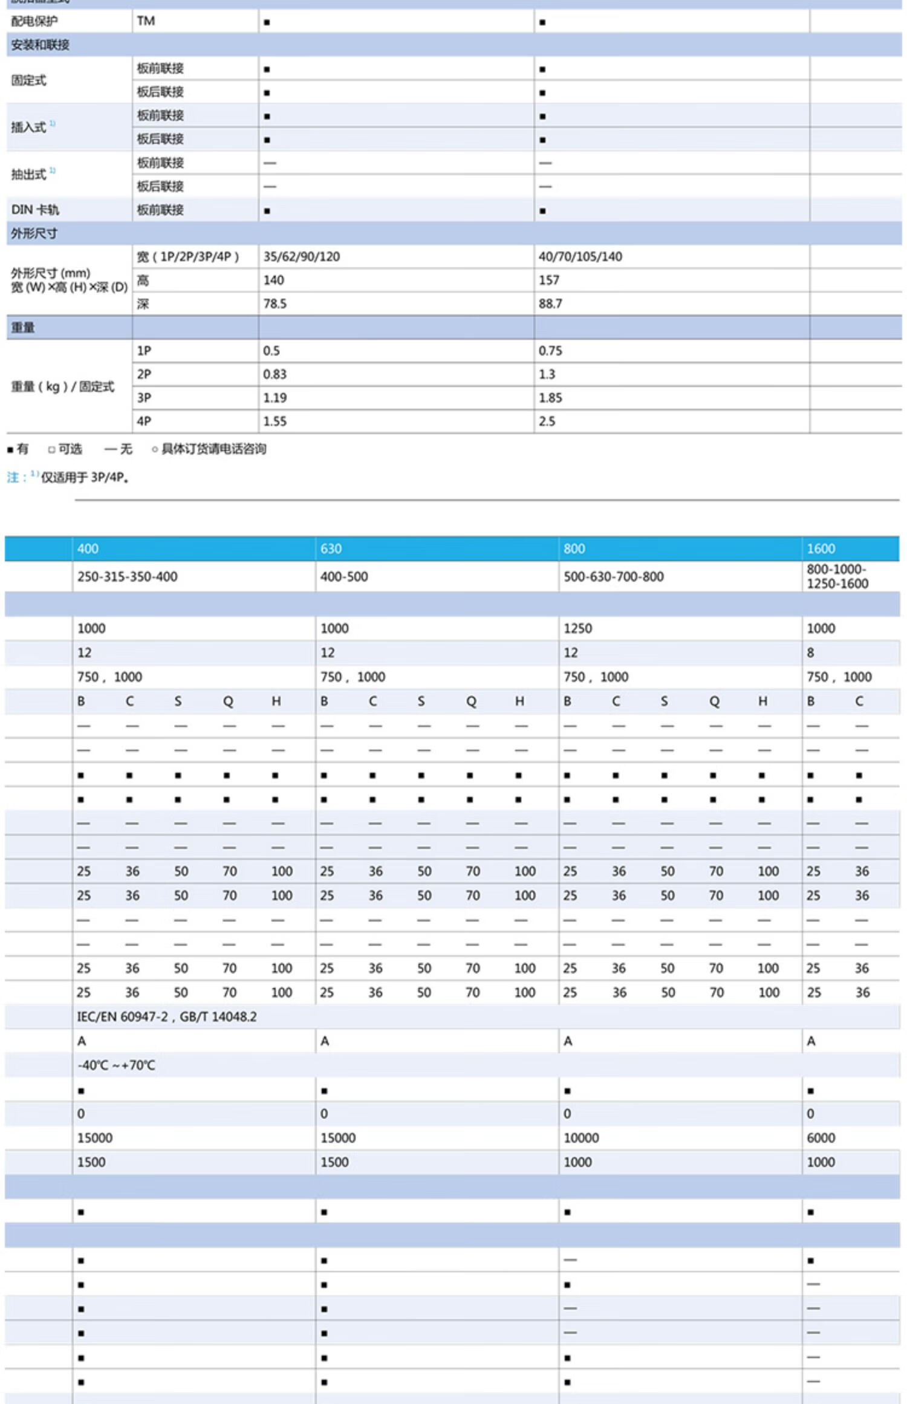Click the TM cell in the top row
pyautogui.click(x=146, y=21)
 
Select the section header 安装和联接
pyautogui.click(x=40, y=45)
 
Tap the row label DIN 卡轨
pyautogui.click(x=35, y=210)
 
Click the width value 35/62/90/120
pyautogui.click(x=301, y=256)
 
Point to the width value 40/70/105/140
pyautogui.click(x=580, y=256)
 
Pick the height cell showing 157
pyautogui.click(x=549, y=280)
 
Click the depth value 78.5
pyautogui.click(x=275, y=304)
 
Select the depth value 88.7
pyautogui.click(x=550, y=304)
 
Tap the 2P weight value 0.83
pyautogui.click(x=275, y=374)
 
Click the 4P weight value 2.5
pyautogui.click(x=547, y=421)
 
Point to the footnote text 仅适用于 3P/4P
pyautogui.click(x=85, y=477)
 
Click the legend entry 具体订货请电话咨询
pyautogui.click(x=213, y=449)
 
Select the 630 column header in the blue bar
pyautogui.click(x=331, y=548)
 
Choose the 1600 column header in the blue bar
pyautogui.click(x=821, y=548)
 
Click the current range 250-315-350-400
pyautogui.click(x=127, y=576)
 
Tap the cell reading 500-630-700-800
pyautogui.click(x=613, y=576)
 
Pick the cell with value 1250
pyautogui.click(x=577, y=628)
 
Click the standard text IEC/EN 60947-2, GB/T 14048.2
pyautogui.click(x=166, y=1016)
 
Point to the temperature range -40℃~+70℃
pyautogui.click(x=116, y=1065)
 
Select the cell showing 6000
pyautogui.click(x=821, y=1137)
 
